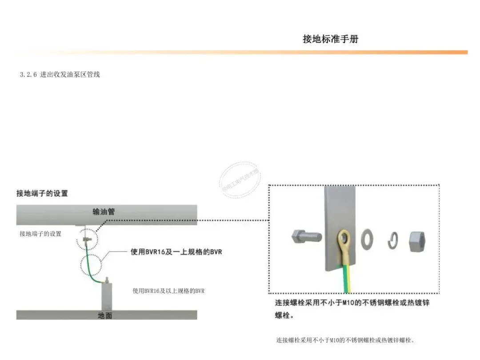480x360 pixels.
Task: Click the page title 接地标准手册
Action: pos(330,39)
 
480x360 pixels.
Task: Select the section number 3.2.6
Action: pos(28,75)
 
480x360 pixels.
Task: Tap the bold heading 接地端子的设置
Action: pos(42,193)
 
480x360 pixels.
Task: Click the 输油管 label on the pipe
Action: pos(104,212)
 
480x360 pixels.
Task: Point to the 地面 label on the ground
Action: pos(105,316)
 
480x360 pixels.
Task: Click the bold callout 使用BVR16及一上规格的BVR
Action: pos(176,252)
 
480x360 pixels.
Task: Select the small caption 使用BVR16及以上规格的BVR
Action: pos(168,291)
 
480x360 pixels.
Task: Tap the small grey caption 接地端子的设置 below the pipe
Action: pos(40,234)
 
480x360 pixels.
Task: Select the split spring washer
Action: pos(392,240)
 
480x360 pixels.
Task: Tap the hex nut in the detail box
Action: pos(418,240)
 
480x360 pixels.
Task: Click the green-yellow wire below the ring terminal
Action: pos(346,278)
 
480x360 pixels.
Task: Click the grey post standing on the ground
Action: pos(107,296)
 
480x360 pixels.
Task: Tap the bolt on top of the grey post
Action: pos(107,280)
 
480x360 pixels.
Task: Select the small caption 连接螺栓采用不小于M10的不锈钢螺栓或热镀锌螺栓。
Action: pos(345,340)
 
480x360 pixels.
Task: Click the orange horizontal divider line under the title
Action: pos(240,52)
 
